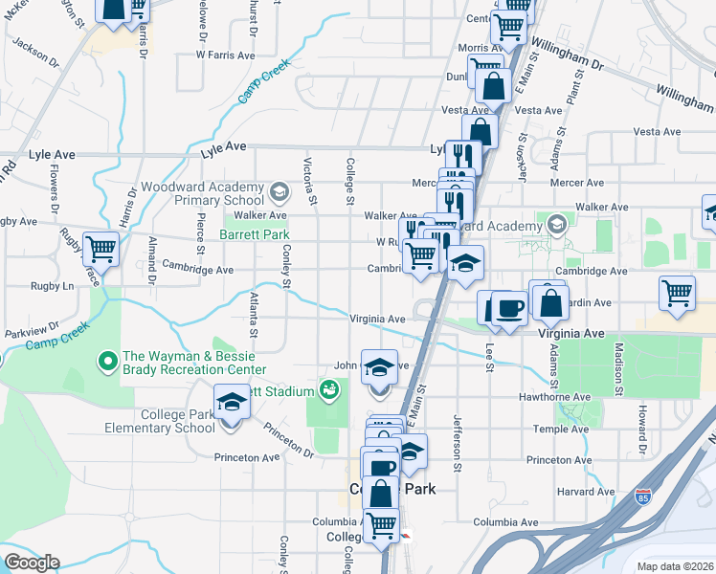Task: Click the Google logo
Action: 33,563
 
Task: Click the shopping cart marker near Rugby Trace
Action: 101,250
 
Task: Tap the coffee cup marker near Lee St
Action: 509,308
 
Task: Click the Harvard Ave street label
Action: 584,491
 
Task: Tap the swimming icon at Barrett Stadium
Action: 329,390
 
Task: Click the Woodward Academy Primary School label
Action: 203,193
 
